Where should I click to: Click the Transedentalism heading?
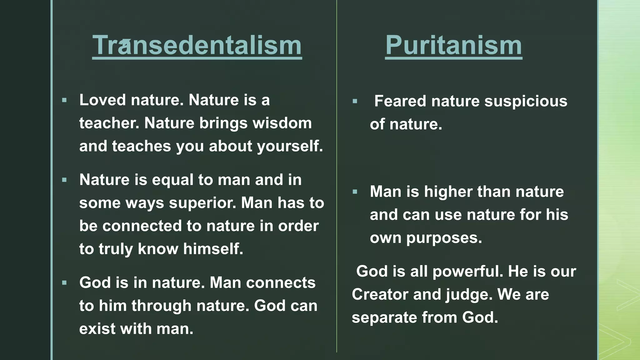(197, 45)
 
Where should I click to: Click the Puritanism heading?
(453, 45)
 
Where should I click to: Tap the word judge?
(469, 295)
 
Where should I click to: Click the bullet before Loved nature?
(64, 100)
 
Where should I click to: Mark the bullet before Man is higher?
(355, 192)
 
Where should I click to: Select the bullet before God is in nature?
(64, 283)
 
